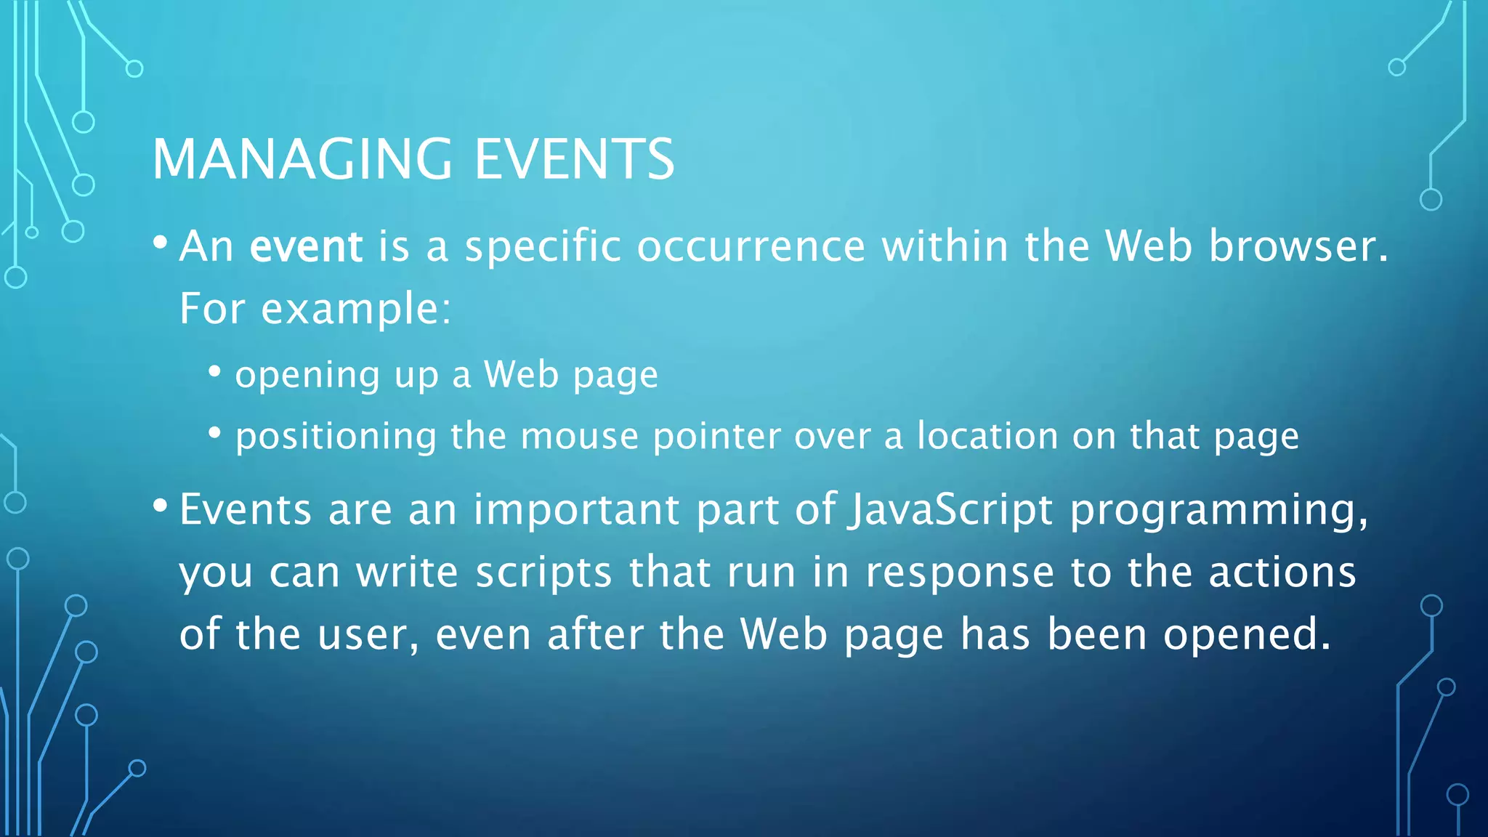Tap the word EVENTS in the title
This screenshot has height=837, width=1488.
(x=574, y=159)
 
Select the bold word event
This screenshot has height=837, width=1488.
(x=306, y=246)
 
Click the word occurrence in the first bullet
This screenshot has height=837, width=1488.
(x=751, y=246)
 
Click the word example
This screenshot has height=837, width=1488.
(x=355, y=309)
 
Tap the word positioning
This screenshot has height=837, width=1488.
(x=336, y=437)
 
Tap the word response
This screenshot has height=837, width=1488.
(x=960, y=573)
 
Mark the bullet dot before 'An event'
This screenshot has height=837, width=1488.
(x=161, y=241)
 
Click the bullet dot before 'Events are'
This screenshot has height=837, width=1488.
(x=161, y=504)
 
